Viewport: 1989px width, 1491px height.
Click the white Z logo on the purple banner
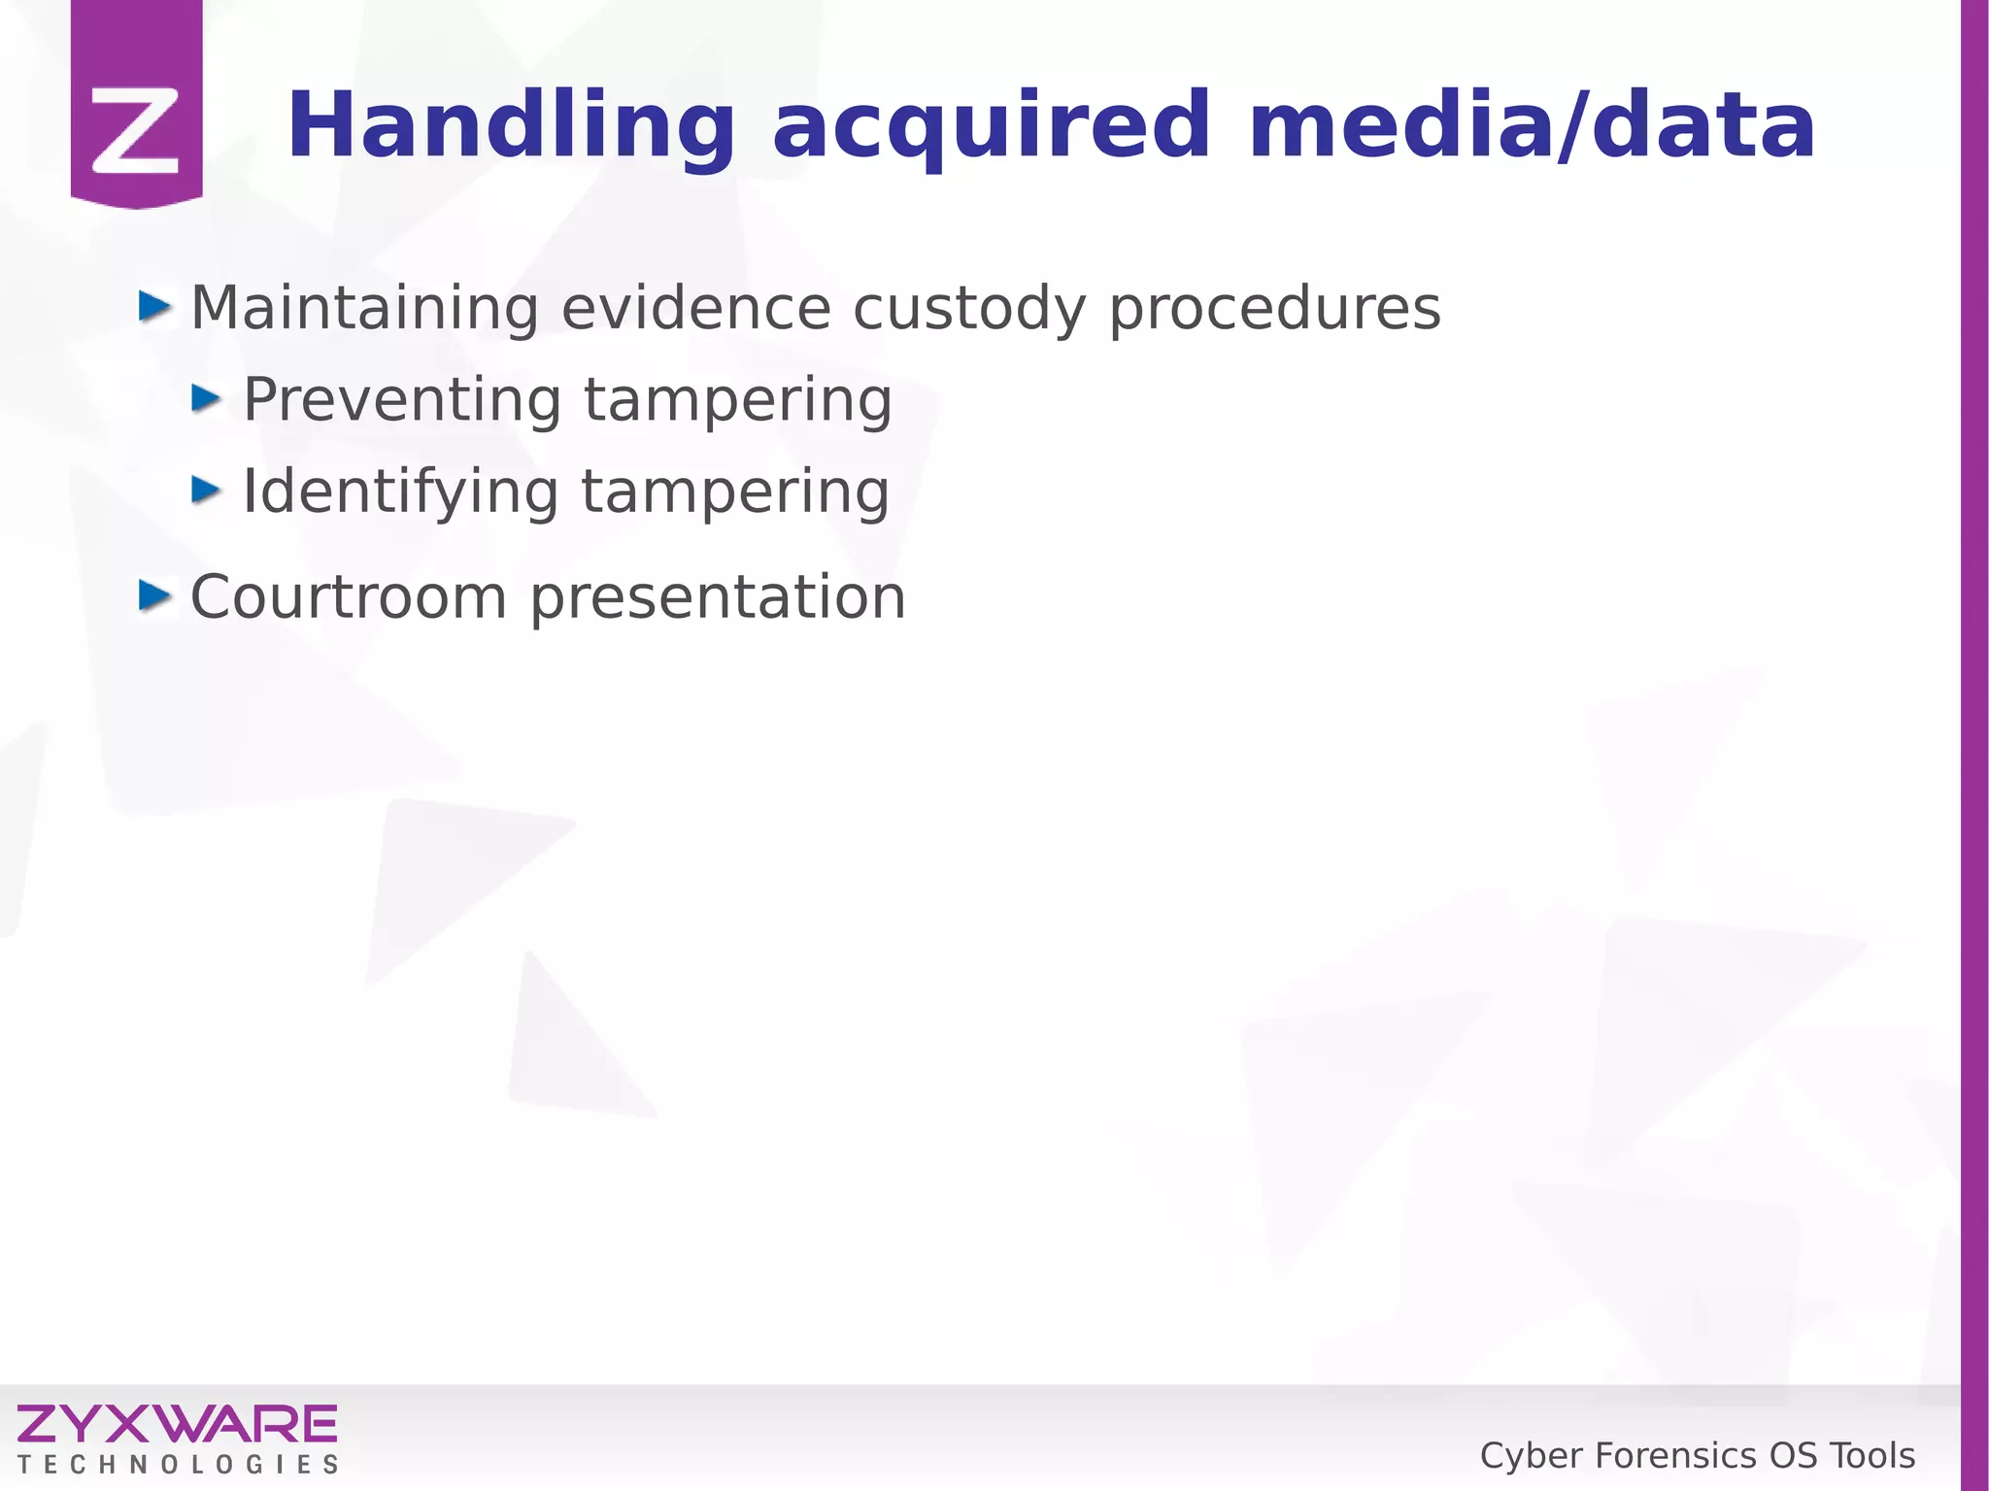(x=136, y=130)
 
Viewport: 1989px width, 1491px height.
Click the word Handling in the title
(x=510, y=126)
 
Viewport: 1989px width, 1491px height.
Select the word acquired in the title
(x=991, y=126)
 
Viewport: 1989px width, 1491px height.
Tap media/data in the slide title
(x=1532, y=126)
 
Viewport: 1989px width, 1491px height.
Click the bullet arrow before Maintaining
(x=154, y=307)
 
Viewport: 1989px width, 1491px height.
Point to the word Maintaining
(x=364, y=308)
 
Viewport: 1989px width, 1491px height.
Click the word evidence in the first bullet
(x=695, y=308)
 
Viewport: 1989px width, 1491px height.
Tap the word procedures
(x=1274, y=310)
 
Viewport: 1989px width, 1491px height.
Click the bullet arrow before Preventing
(x=207, y=398)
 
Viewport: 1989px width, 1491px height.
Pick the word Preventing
(x=402, y=400)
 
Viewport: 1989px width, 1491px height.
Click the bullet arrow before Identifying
(x=207, y=490)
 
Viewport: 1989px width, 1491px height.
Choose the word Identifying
(x=400, y=492)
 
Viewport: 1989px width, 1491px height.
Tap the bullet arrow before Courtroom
(x=154, y=594)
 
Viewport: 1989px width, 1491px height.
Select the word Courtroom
(x=349, y=596)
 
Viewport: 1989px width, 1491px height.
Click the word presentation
(x=718, y=598)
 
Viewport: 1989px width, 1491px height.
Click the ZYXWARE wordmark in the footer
(x=177, y=1424)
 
